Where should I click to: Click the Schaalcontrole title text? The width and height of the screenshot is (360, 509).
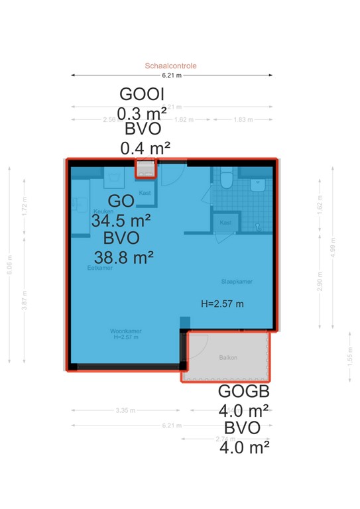(x=171, y=66)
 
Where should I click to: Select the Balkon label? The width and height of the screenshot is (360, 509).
(x=228, y=358)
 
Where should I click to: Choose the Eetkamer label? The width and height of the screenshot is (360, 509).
(x=99, y=268)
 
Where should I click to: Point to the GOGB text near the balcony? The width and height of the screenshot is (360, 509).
(x=243, y=392)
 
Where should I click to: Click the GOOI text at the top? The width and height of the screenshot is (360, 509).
(x=142, y=94)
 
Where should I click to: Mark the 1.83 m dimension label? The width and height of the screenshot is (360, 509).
(x=243, y=120)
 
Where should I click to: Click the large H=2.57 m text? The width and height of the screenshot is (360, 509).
(x=222, y=304)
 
